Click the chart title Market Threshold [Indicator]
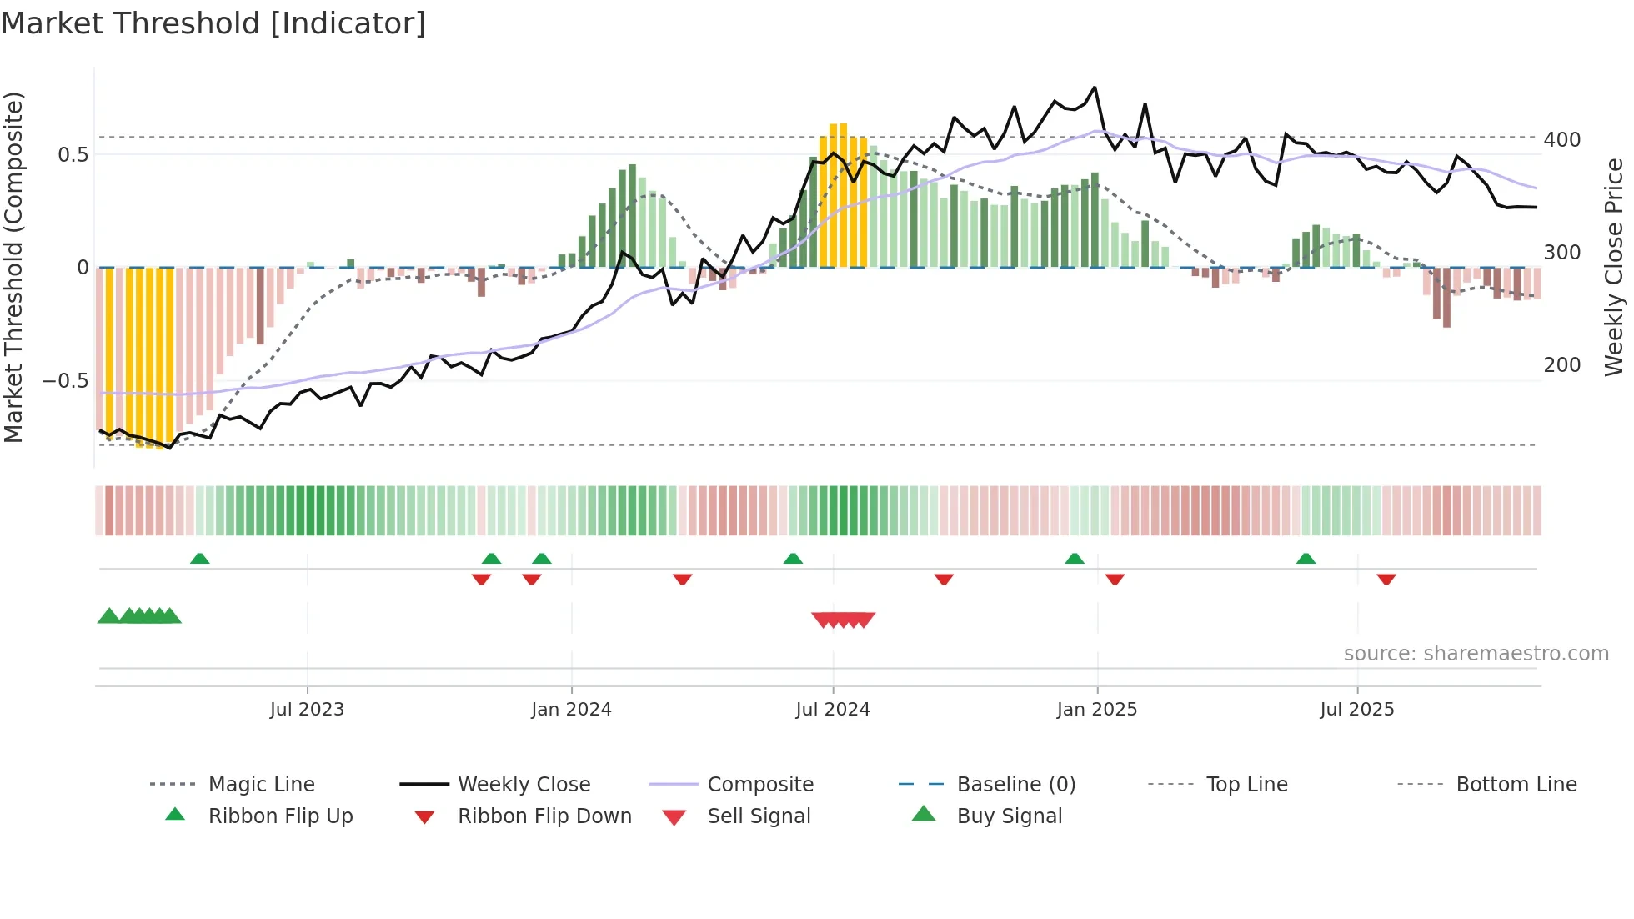(213, 23)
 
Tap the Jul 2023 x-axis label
(307, 710)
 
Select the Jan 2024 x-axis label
(571, 710)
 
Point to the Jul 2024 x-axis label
(832, 710)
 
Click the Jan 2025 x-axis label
(1096, 710)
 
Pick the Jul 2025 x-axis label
(1356, 710)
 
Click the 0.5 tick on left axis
(73, 155)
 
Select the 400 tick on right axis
(1561, 140)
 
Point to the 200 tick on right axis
(1561, 365)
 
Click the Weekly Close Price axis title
(1614, 267)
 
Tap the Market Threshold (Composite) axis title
(13, 267)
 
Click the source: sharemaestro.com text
(1476, 654)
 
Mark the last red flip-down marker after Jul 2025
(1386, 579)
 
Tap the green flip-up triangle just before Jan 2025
(1075, 559)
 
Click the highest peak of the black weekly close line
(1095, 87)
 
